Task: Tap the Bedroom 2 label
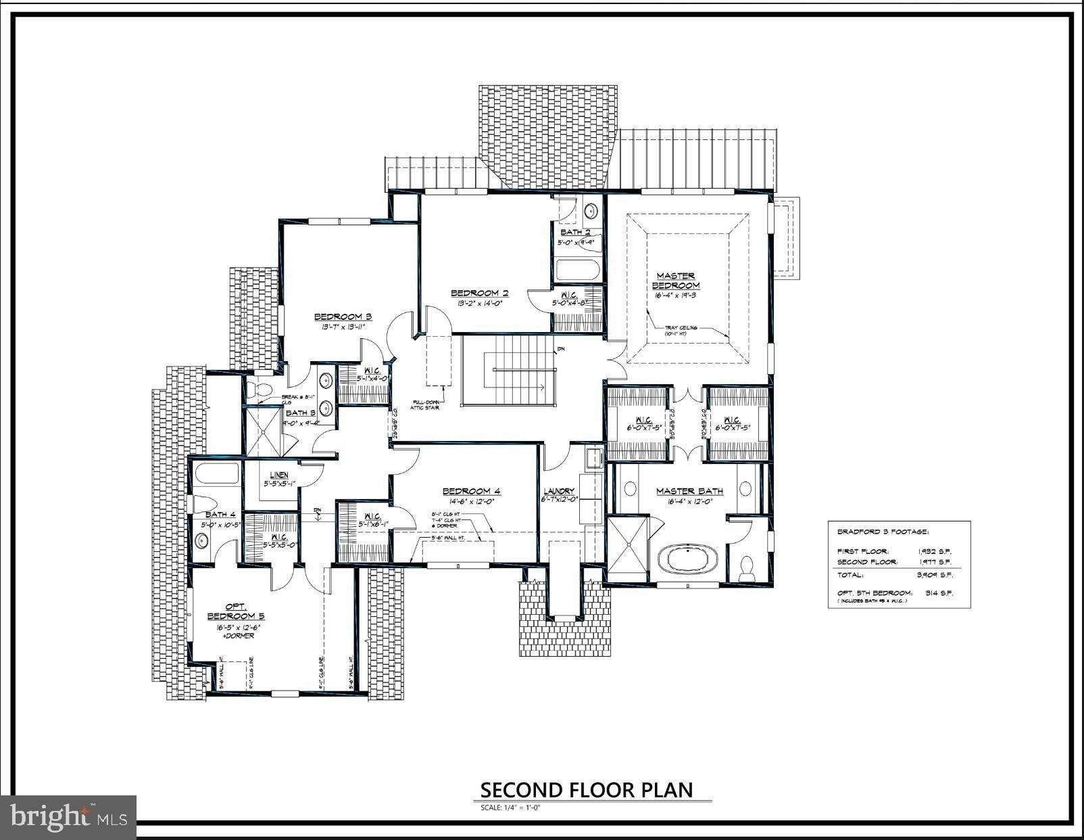[x=479, y=293]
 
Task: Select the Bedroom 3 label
[x=343, y=317]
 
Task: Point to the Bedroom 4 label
[x=471, y=491]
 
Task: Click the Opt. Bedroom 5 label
[x=236, y=611]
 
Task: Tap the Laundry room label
[x=559, y=491]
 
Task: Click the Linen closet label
[x=279, y=475]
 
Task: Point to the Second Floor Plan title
[x=586, y=790]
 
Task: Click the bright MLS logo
[x=68, y=817]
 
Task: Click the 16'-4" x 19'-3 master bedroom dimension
[x=675, y=296]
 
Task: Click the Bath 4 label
[x=220, y=515]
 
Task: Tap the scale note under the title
[x=511, y=808]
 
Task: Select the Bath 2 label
[x=575, y=232]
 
